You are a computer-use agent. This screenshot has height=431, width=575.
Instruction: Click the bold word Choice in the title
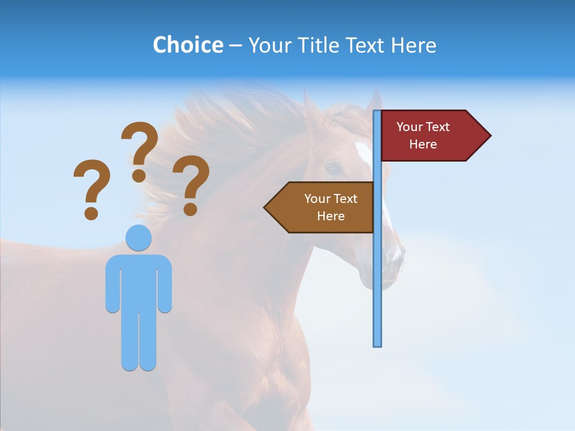click(x=187, y=45)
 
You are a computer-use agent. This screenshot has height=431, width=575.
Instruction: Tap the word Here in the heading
click(x=413, y=45)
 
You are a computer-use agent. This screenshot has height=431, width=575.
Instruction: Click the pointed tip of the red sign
click(x=489, y=136)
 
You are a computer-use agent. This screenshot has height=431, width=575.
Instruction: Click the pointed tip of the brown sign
click(x=266, y=207)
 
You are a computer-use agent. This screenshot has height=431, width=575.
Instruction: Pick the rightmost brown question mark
click(x=191, y=183)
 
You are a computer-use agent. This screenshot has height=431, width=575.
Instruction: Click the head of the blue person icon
click(x=138, y=238)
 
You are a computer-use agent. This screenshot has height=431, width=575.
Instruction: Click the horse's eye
click(x=333, y=168)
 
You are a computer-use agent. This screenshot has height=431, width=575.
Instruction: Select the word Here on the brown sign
click(x=331, y=216)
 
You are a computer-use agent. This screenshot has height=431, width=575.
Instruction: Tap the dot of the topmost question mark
click(x=139, y=175)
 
